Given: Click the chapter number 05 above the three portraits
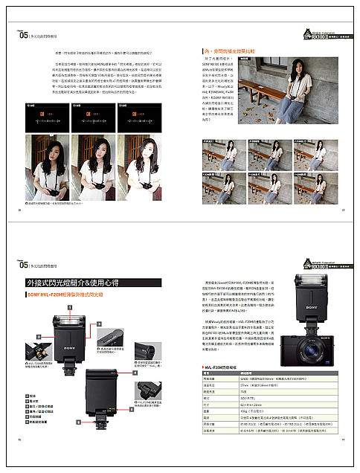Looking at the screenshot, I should pos(22,34).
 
